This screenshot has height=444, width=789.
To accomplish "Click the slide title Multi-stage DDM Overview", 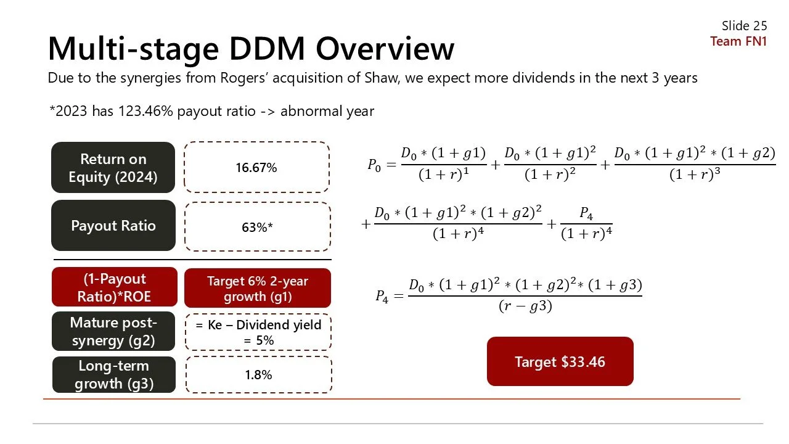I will pyautogui.click(x=251, y=48).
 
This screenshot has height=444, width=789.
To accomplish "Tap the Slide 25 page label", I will pyautogui.click(x=744, y=25).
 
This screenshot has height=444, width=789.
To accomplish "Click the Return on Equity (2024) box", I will pyautogui.click(x=113, y=168).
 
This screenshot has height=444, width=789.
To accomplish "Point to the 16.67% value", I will pyautogui.click(x=256, y=168).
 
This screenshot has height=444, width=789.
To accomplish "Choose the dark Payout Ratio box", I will pyautogui.click(x=113, y=226).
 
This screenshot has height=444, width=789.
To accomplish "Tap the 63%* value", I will pyautogui.click(x=257, y=227).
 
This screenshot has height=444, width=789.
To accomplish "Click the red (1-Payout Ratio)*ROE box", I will pyautogui.click(x=114, y=287).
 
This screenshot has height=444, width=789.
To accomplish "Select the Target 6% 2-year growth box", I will pyautogui.click(x=257, y=288).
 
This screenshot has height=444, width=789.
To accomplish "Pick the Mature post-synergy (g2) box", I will pyautogui.click(x=113, y=331).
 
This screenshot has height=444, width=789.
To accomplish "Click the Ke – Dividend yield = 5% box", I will pyautogui.click(x=258, y=332).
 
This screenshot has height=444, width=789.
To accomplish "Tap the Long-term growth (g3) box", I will pyautogui.click(x=113, y=375).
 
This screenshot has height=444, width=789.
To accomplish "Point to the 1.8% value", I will pyautogui.click(x=258, y=375).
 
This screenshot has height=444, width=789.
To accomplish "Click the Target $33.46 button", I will pyautogui.click(x=560, y=361).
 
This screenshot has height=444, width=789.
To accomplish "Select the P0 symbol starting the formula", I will pyautogui.click(x=374, y=164).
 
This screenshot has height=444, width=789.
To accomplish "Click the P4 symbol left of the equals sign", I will pyautogui.click(x=383, y=296).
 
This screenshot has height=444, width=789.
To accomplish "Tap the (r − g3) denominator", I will pyautogui.click(x=525, y=306).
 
